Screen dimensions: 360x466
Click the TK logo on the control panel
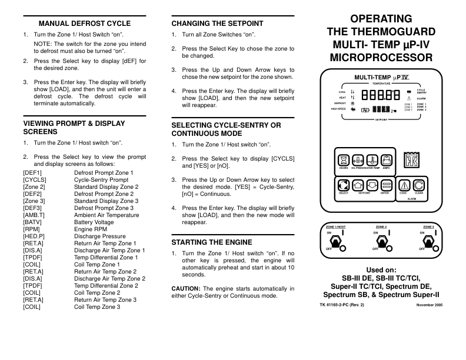411,160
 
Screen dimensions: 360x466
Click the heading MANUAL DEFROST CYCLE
84,24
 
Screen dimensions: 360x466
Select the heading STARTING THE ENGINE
212,242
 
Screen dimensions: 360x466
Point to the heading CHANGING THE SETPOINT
217,24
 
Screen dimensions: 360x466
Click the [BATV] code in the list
33,223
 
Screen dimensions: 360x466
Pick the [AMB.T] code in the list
34,215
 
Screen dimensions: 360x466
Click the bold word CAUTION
186,288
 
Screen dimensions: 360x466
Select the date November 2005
429,305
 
